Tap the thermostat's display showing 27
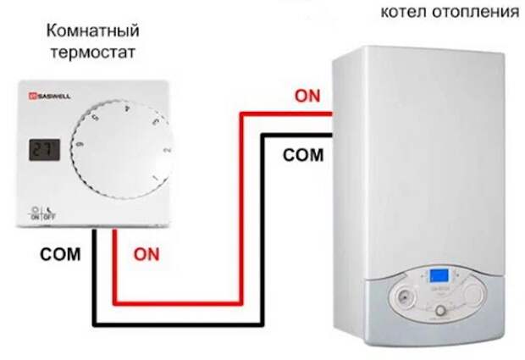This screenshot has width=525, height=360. tap(40, 152)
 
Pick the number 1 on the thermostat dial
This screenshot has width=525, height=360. tap(154, 178)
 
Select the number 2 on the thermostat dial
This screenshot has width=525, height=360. tap(166, 152)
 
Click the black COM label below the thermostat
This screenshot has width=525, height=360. tap(59, 254)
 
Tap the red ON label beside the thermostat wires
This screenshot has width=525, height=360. tap(145, 253)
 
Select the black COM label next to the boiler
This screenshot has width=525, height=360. tap(303, 155)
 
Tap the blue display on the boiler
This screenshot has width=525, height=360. tap(439, 276)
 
